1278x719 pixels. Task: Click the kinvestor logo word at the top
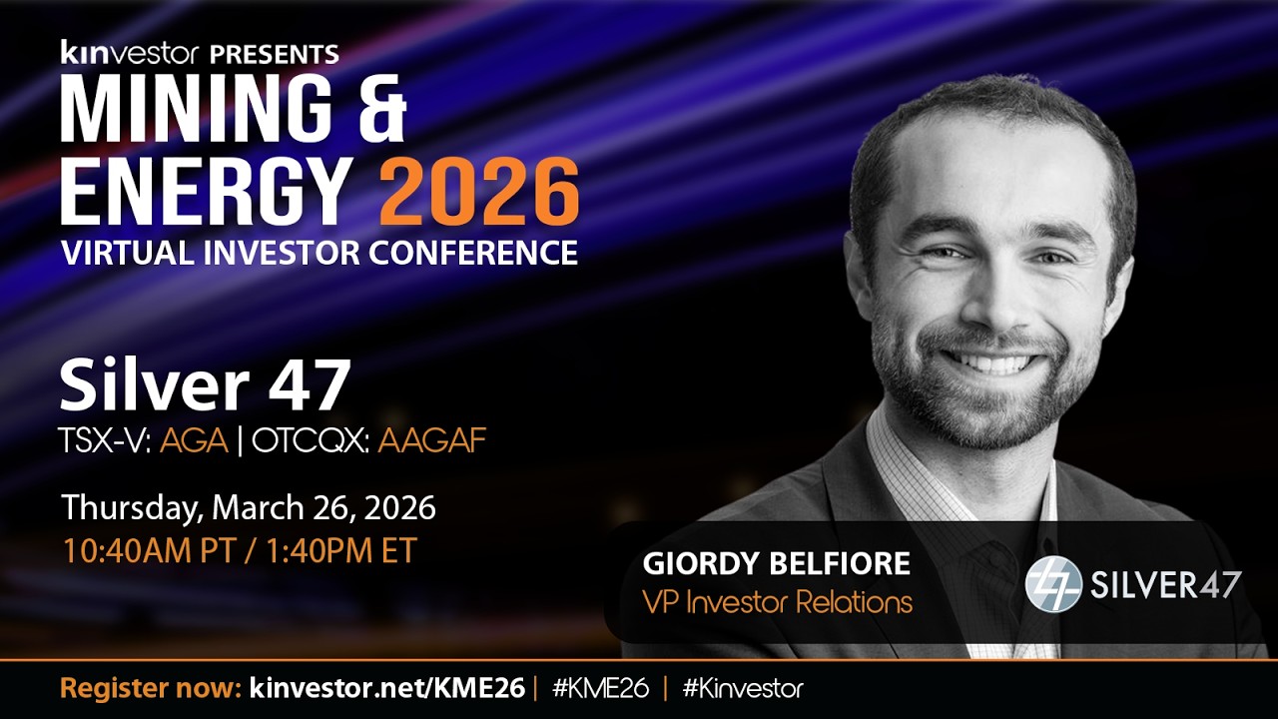tap(127, 53)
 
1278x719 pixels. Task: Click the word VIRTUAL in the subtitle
tap(120, 253)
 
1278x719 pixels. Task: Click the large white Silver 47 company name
tap(205, 386)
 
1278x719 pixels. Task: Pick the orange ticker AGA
tap(194, 440)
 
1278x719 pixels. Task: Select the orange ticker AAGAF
tap(431, 440)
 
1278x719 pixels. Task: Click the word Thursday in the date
tap(131, 507)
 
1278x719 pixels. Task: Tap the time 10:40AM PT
tap(148, 550)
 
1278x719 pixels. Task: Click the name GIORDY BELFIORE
tap(776, 564)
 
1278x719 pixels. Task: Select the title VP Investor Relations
tap(777, 602)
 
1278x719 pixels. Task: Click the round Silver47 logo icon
tap(1053, 584)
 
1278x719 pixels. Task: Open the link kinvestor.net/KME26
tap(386, 688)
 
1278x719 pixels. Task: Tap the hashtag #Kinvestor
tap(743, 688)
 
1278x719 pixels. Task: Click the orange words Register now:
tap(150, 688)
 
